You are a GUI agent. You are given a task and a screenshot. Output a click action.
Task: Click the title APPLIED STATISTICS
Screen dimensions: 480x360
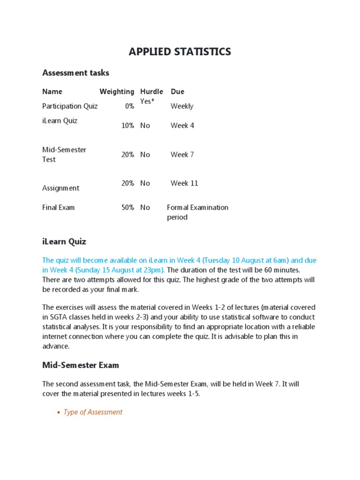180,52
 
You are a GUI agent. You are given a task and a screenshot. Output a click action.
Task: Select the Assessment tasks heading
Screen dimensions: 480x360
75,73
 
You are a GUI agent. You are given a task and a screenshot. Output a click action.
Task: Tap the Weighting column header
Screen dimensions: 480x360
117,91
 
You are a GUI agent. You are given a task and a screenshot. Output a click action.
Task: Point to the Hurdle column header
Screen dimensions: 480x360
151,91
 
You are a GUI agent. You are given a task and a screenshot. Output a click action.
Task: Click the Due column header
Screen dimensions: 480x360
177,91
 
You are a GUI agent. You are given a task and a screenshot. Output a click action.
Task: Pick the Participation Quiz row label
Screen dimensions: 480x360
70,106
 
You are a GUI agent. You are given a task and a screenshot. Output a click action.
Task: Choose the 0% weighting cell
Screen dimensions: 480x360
129,106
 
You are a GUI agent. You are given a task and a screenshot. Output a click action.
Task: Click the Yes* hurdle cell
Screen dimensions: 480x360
147,101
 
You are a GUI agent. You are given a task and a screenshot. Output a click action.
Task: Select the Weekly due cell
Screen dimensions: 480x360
182,106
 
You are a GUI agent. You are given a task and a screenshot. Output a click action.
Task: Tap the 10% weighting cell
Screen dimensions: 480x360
127,125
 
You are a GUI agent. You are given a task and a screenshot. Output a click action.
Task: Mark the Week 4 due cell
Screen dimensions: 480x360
182,125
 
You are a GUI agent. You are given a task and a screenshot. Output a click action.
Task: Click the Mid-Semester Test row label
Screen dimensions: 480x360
64,154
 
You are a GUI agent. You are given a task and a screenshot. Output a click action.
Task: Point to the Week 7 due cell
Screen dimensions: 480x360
182,154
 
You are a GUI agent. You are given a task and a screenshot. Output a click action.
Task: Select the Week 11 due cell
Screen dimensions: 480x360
184,183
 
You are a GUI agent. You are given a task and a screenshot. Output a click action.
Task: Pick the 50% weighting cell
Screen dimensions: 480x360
127,207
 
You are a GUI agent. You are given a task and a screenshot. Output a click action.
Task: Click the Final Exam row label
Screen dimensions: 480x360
58,207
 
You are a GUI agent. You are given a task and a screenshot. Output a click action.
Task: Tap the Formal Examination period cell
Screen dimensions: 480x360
197,212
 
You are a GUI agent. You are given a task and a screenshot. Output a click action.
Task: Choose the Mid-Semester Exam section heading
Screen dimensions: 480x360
81,365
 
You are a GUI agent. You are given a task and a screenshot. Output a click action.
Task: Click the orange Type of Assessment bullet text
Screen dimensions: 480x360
93,412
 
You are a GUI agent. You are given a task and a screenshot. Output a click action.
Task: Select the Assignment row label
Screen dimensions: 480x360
60,188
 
